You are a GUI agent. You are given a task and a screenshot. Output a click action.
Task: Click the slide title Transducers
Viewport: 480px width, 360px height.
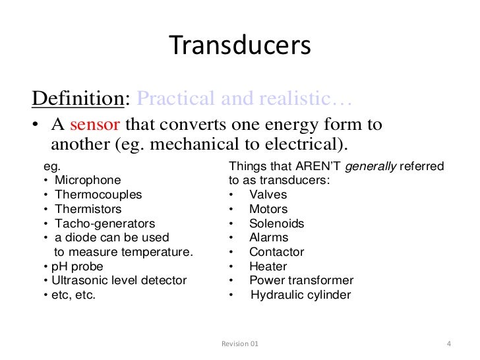[239, 45]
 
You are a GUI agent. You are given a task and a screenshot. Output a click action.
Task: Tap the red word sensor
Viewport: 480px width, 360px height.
[96, 124]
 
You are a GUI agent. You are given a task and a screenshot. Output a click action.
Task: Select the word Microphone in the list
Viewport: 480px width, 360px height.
[88, 179]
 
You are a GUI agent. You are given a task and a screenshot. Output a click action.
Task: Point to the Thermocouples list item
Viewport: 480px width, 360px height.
[98, 195]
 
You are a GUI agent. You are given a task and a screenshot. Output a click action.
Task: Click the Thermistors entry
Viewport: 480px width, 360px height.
[88, 209]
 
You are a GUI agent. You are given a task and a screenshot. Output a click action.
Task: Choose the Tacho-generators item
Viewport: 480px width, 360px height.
[105, 224]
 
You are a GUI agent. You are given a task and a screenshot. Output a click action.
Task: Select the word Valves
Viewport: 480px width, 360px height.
[266, 195]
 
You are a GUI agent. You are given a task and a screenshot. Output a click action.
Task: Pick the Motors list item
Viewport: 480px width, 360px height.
[268, 209]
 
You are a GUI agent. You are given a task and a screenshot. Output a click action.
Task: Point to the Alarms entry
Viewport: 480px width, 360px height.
[268, 237]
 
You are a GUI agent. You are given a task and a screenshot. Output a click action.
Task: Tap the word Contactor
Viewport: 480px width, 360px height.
[276, 252]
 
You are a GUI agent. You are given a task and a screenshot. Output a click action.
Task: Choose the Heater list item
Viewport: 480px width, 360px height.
[268, 266]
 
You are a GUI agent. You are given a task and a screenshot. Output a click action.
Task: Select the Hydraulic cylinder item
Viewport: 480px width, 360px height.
[301, 295]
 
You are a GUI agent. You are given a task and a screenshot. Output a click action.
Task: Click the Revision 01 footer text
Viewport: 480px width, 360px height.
[239, 344]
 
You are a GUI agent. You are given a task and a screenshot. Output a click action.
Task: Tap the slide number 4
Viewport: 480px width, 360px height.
[448, 344]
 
